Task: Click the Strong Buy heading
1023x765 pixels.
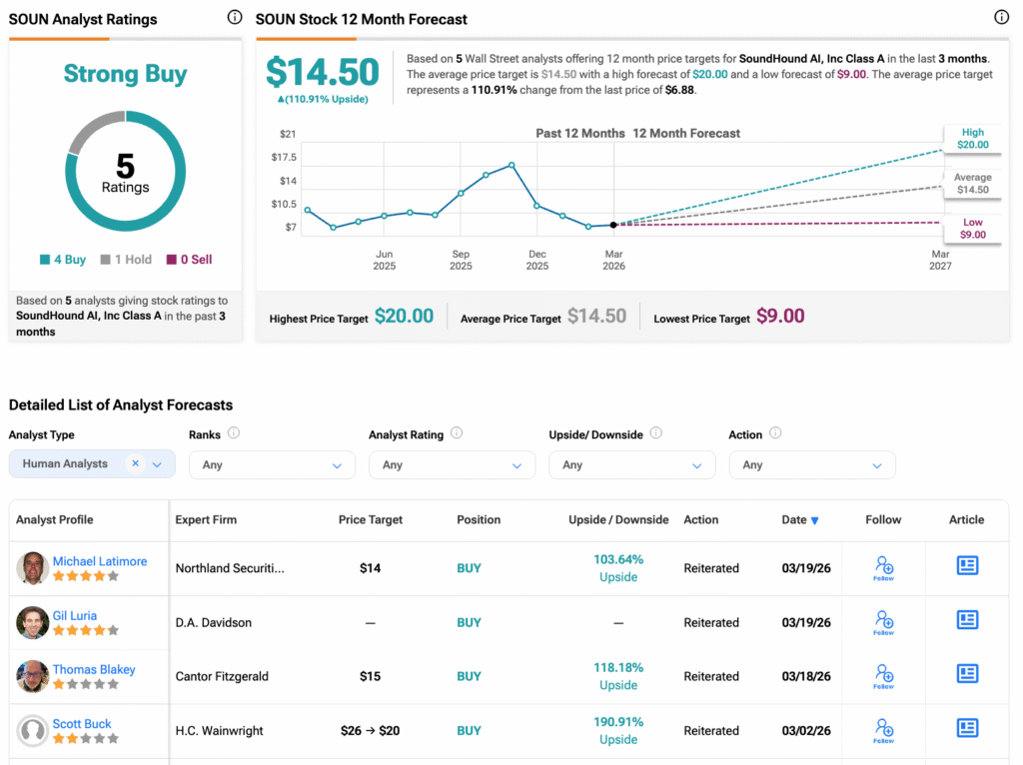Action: [x=125, y=74]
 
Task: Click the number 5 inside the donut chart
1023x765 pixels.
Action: [x=125, y=166]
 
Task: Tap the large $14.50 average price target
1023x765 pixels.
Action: [x=322, y=73]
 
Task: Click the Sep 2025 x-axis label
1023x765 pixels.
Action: [x=461, y=260]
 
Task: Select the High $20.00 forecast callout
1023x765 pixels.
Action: [x=972, y=139]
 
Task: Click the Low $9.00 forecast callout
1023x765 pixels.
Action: [x=972, y=229]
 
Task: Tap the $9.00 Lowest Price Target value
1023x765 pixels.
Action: [x=780, y=317]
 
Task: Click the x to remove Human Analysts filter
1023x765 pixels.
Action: [x=135, y=463]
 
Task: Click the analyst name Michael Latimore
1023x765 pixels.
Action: [x=100, y=561]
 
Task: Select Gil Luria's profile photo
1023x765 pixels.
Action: [x=33, y=622]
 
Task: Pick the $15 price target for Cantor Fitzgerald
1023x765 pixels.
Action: [x=371, y=676]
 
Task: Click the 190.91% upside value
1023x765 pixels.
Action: [x=618, y=722]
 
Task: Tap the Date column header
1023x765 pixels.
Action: [x=800, y=519]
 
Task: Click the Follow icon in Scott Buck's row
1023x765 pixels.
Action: [x=883, y=730]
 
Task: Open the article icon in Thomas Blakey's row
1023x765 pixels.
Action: [x=967, y=674]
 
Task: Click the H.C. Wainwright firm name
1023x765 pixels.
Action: [x=220, y=731]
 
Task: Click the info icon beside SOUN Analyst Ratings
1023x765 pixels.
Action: [x=234, y=17]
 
